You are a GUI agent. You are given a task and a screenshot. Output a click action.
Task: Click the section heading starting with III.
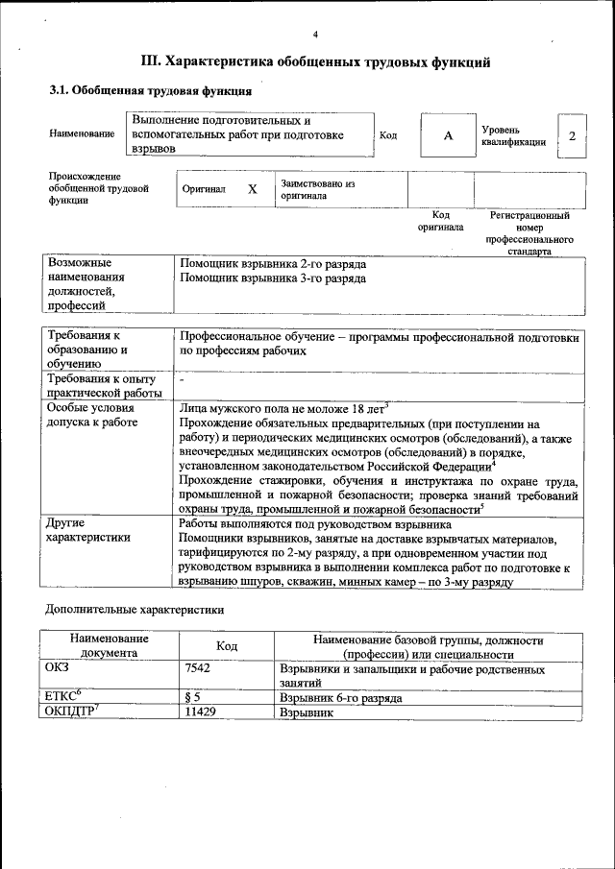[x=316, y=62]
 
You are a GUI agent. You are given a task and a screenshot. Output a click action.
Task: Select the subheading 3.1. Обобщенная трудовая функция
[x=151, y=92]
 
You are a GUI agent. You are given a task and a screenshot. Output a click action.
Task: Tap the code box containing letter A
[x=447, y=135]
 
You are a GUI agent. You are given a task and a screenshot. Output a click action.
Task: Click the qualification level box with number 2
[x=572, y=135]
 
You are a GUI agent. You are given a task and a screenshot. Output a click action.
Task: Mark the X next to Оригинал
[x=252, y=189]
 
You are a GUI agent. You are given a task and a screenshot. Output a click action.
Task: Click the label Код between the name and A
[x=388, y=135]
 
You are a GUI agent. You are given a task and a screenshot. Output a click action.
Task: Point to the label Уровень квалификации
[x=514, y=135]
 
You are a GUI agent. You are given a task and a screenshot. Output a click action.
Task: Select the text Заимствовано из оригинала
[x=318, y=189]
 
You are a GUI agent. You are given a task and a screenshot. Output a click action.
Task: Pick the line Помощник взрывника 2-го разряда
[x=273, y=263]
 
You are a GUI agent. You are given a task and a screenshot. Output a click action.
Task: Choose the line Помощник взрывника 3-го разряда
[x=273, y=278]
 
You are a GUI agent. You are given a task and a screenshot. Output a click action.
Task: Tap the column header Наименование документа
[x=109, y=645]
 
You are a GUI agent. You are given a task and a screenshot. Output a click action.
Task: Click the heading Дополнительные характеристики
[x=135, y=609]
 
